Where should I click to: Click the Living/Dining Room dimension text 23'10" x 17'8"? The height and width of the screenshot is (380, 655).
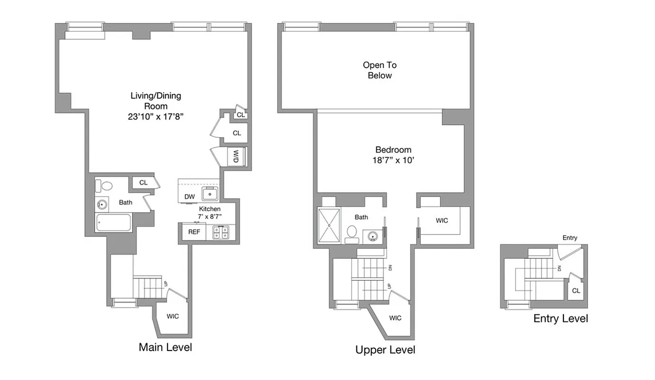[156, 117]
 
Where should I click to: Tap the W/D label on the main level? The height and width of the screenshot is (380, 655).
[236, 156]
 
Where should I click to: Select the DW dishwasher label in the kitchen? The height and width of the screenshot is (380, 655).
[189, 197]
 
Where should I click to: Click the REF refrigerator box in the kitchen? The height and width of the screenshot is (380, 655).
[194, 232]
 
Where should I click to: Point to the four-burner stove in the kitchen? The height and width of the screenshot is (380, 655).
[220, 232]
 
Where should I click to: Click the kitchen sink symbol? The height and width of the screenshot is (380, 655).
[209, 194]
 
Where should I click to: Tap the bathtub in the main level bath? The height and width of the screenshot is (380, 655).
[114, 223]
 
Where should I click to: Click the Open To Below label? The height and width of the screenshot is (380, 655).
[380, 70]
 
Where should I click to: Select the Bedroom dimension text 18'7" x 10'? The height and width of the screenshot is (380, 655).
[393, 161]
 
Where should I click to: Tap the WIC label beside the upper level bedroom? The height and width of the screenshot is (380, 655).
[442, 220]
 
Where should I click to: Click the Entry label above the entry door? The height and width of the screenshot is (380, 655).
[570, 237]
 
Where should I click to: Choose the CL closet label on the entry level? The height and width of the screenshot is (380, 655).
[576, 291]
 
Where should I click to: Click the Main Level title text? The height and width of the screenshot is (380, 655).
[165, 347]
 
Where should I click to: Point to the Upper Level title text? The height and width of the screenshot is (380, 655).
[385, 350]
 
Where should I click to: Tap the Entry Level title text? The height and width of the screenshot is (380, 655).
[560, 318]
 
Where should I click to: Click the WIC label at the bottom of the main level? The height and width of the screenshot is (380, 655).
[173, 316]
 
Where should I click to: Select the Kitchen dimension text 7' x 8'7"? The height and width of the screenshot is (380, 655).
[209, 216]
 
